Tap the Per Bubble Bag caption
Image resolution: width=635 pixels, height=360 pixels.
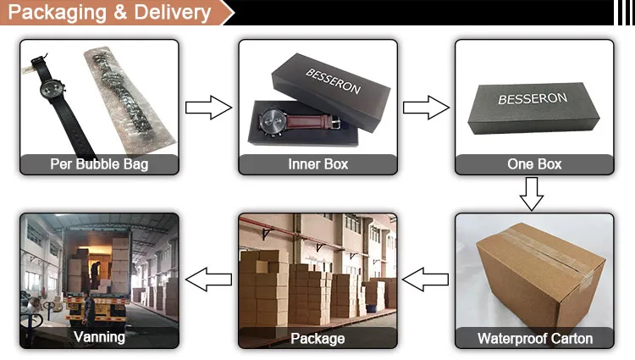pos(99,164)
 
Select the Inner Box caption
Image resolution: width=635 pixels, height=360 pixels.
pos(317,164)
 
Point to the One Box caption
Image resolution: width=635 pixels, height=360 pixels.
pos(534,164)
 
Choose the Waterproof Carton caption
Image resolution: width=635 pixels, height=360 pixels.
pos(534,339)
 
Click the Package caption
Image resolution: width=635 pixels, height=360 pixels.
pos(317,339)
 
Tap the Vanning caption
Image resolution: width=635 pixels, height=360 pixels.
pos(99,337)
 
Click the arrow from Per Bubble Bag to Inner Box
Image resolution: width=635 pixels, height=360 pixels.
pos(208,108)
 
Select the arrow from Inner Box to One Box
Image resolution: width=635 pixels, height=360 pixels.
pos(426,108)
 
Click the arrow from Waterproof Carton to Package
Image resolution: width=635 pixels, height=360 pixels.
pos(425,277)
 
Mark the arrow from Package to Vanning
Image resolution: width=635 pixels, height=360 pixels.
pos(208,277)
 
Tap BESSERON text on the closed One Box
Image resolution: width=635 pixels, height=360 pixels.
pos(529,99)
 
